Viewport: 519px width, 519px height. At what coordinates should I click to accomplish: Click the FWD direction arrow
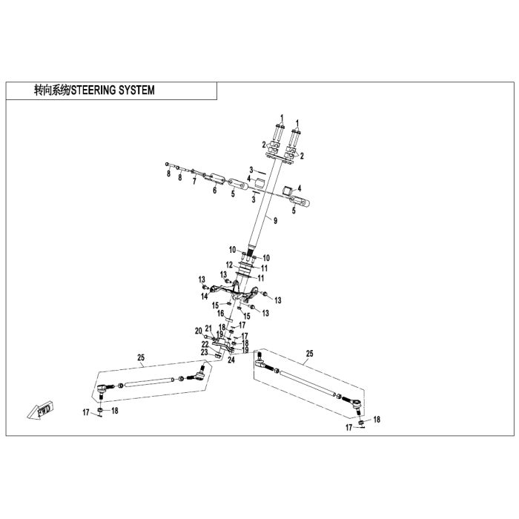coord(40,411)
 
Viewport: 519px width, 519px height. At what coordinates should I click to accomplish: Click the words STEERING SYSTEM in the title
coord(113,90)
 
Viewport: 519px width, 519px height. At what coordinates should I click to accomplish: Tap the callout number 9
coord(275,221)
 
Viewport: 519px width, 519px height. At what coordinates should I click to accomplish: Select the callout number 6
coord(215,191)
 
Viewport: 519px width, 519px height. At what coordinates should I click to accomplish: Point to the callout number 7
coord(194,181)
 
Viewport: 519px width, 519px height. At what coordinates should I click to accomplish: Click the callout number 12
coord(229,265)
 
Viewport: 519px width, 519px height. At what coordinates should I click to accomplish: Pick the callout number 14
coord(204,297)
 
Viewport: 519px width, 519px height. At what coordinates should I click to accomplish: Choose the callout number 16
coord(220,313)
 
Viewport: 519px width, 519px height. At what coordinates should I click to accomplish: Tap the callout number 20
coord(198,331)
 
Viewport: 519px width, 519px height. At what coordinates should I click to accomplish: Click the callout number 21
coord(208,328)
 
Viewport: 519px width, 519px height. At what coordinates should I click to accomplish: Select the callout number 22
coord(205,345)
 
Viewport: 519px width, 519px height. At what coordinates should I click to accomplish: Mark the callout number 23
coord(204,352)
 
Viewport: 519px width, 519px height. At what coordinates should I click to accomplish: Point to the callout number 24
coord(231,360)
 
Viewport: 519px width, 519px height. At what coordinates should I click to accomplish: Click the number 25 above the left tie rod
coord(141,358)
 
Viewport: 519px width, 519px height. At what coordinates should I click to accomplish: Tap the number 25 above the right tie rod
coord(309,354)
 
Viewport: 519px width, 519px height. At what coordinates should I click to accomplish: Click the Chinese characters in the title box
coord(52,90)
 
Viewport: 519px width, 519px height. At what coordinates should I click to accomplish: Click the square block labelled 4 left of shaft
coord(259,183)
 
